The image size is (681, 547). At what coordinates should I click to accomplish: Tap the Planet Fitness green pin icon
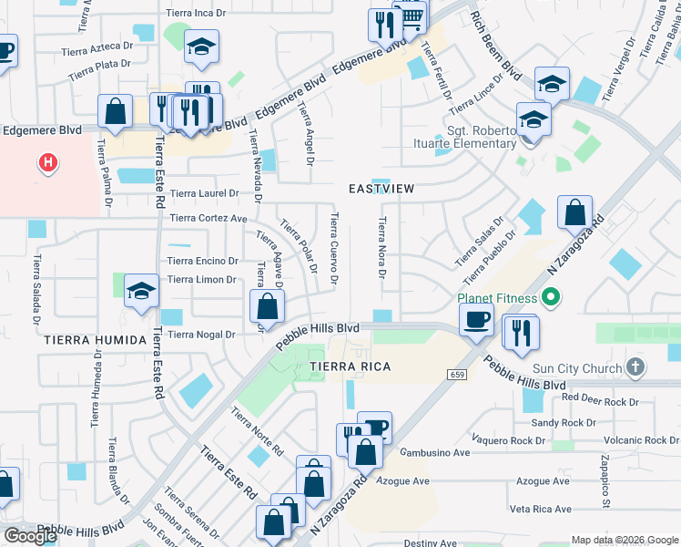coord(549,297)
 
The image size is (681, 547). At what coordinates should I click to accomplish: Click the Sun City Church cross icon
coord(635,367)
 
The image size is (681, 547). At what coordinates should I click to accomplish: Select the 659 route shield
coord(456,375)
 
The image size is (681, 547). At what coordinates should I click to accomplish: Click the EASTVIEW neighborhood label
coord(381,189)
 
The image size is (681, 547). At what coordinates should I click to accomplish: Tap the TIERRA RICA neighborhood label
coord(351,366)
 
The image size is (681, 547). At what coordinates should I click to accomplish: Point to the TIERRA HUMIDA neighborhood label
coord(94,340)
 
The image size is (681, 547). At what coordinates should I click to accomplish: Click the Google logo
coord(30,536)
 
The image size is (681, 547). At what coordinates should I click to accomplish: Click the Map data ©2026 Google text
coord(624,540)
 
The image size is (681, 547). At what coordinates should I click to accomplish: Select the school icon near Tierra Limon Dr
coord(141,292)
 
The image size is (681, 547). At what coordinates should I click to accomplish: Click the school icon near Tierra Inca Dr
coord(201,46)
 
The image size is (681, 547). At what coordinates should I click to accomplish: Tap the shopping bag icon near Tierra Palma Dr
coord(115,112)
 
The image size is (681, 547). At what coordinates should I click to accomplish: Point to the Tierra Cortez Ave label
coord(208,219)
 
